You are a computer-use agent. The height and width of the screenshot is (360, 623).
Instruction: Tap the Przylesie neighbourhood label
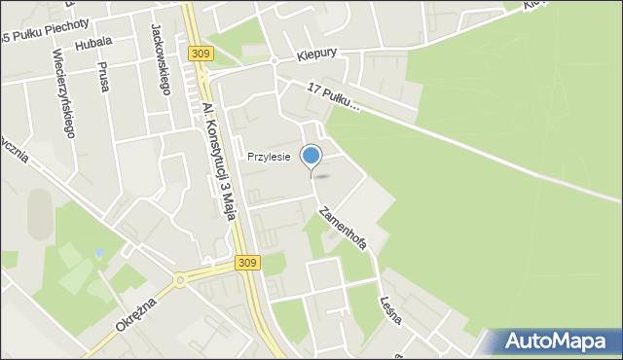coord(269,157)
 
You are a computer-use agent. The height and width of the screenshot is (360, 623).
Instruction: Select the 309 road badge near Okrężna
coord(246,263)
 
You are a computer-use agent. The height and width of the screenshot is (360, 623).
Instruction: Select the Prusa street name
coord(102,75)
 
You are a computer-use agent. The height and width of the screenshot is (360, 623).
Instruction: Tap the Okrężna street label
coord(135,310)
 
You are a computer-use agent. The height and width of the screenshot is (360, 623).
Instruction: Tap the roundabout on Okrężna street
coord(180,281)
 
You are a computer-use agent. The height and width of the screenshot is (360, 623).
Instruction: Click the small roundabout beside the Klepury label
coord(275,61)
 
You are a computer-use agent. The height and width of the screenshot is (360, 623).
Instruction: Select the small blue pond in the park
coord(99,254)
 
